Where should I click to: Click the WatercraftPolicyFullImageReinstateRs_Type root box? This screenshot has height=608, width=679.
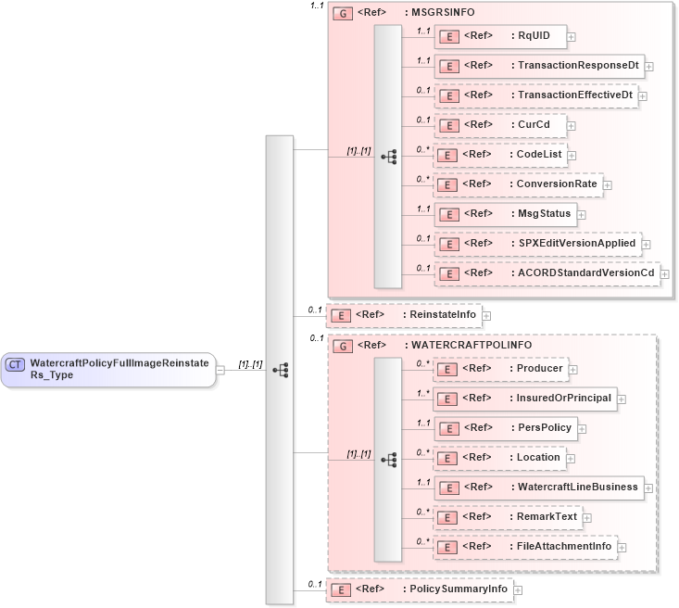[108, 369]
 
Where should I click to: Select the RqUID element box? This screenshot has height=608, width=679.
[500, 36]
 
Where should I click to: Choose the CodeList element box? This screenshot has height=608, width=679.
[500, 155]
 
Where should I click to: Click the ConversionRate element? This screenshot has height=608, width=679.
[518, 184]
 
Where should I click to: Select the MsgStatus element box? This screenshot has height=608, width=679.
[505, 214]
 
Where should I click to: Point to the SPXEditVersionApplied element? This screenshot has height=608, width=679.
[537, 244]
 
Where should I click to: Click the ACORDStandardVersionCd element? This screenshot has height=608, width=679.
[547, 273]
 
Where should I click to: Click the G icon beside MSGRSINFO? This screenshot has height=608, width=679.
[342, 14]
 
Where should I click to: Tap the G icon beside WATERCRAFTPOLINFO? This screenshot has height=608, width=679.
[342, 346]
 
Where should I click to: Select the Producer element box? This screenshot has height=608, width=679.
[500, 368]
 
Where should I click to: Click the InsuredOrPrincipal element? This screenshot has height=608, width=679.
[525, 398]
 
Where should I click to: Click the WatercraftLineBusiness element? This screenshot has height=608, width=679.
[538, 487]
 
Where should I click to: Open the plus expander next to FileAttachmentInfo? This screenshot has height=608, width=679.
[622, 547]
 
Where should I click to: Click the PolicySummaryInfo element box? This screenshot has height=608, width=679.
[420, 589]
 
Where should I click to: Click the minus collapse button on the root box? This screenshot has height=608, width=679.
[220, 370]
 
